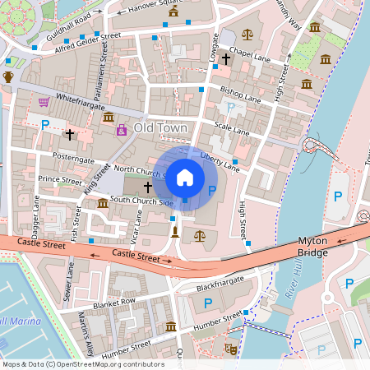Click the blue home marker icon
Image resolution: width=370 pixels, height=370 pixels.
pyautogui.click(x=185, y=176)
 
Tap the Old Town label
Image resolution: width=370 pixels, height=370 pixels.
pyautogui.click(x=161, y=129)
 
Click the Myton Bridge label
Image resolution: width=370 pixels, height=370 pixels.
pyautogui.click(x=312, y=246)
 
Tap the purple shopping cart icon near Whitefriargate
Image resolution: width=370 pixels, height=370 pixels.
pyautogui.click(x=44, y=102)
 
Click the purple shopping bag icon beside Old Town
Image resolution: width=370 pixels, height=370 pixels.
pyautogui.click(x=122, y=130)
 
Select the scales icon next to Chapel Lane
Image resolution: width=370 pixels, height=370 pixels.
pyautogui.click(x=247, y=36)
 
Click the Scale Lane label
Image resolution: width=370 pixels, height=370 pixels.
pyautogui.click(x=231, y=129)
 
